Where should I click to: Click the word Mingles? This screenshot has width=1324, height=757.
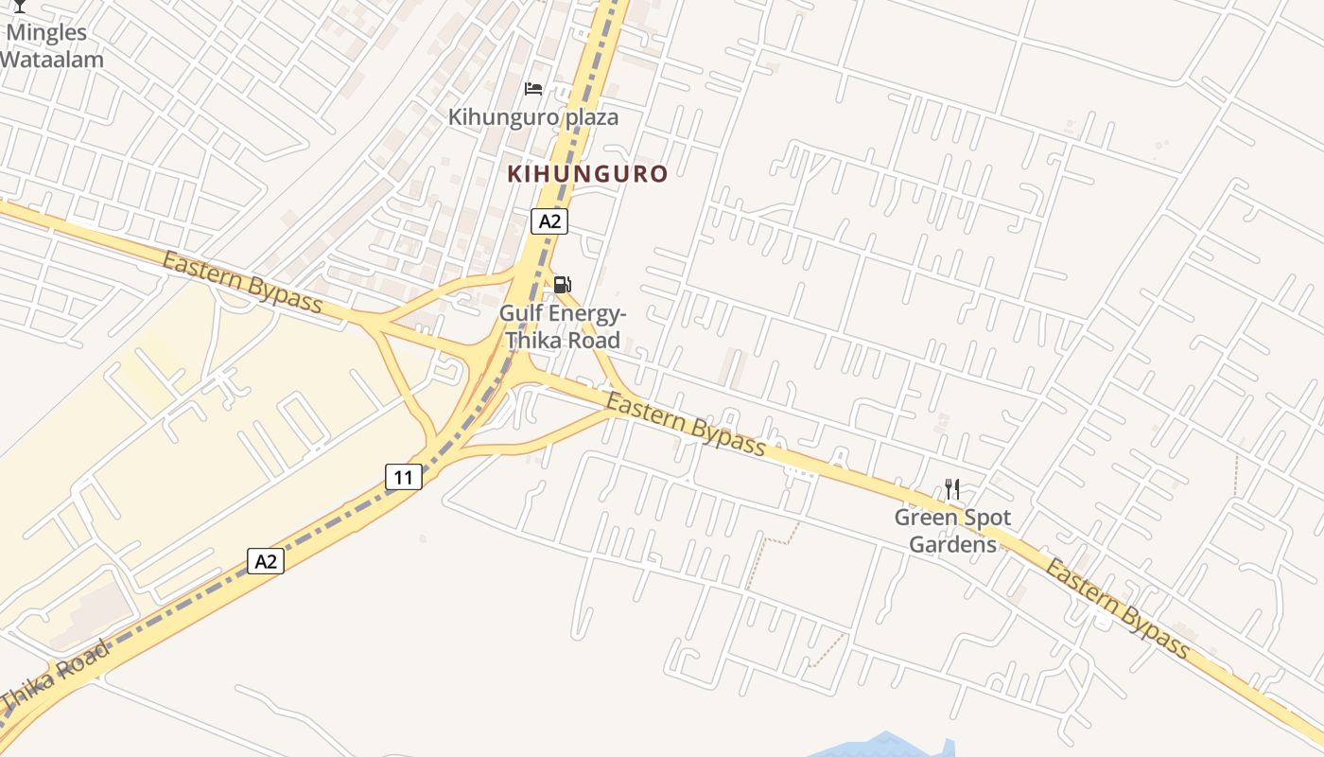(47, 33)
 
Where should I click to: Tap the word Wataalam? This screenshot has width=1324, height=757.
(51, 59)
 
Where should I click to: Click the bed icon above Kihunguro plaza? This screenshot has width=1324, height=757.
(533, 89)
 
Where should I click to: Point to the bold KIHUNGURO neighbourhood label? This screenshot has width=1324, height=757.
(587, 174)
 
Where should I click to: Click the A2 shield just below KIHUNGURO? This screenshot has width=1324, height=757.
(549, 221)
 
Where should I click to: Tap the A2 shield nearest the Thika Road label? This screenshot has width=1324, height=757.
(266, 561)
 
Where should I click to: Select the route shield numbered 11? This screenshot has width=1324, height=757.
(404, 477)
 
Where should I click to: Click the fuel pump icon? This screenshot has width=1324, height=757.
(562, 284)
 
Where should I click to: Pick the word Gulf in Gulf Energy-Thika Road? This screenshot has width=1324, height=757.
(522, 313)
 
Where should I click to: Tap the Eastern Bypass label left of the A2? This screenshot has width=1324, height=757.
(242, 282)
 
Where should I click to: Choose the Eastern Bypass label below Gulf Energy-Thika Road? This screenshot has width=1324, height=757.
(686, 425)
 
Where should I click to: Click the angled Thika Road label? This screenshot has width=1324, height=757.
(55, 679)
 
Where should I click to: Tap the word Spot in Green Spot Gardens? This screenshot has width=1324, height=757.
(986, 518)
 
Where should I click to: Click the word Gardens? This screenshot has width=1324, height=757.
(952, 544)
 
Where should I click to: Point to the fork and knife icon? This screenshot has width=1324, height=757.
(952, 489)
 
